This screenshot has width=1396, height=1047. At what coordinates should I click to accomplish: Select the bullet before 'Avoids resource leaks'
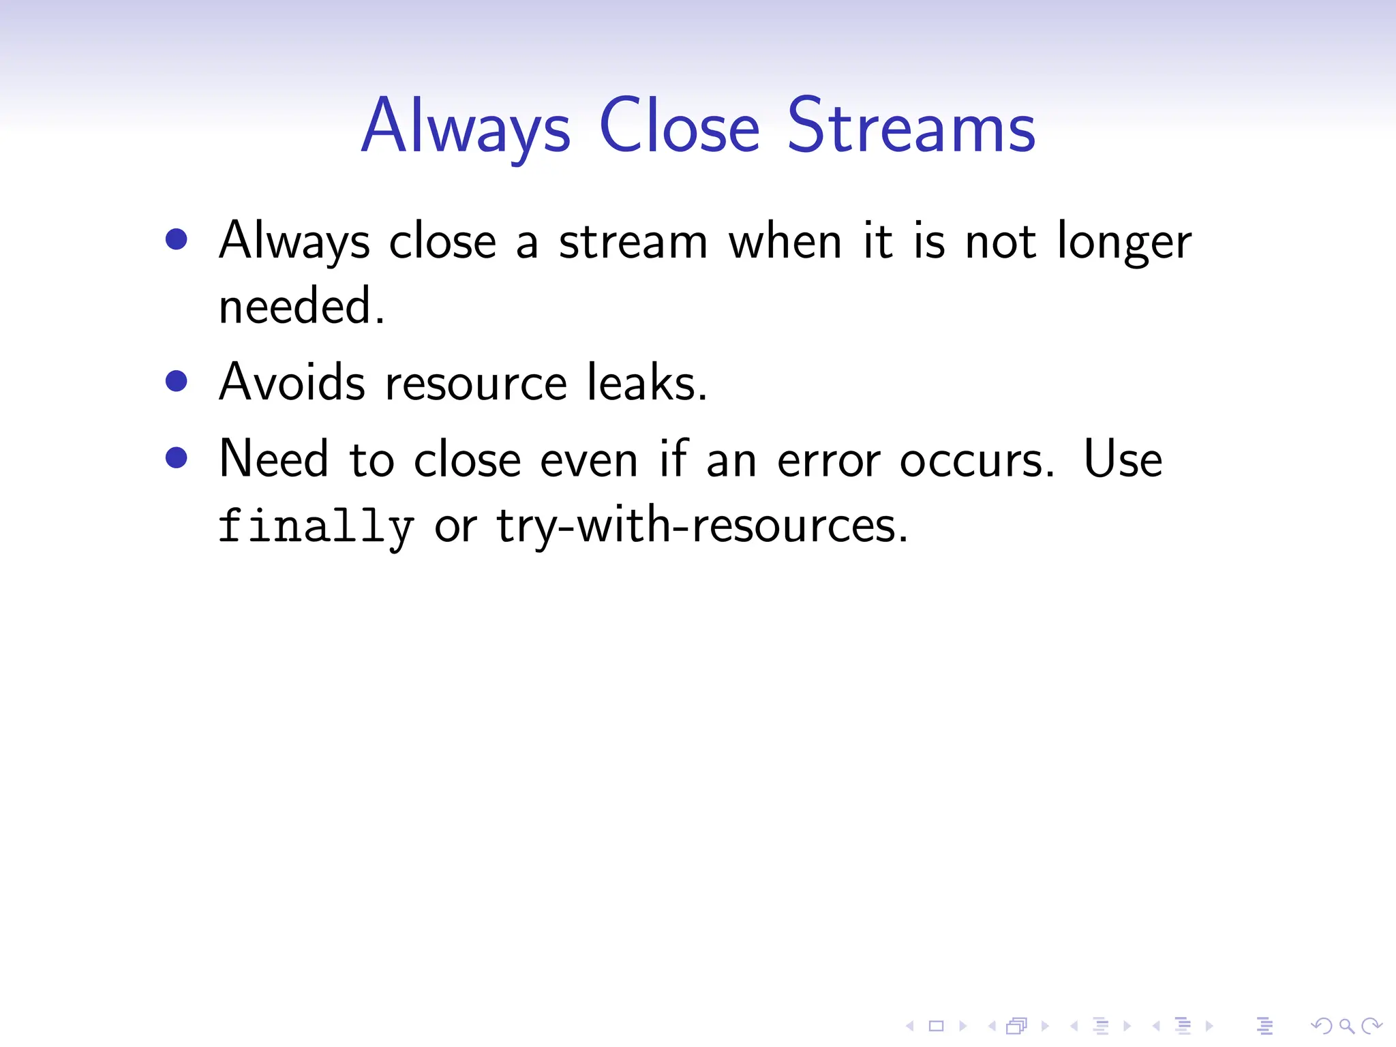point(177,381)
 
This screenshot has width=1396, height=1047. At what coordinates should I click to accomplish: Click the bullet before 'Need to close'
point(177,457)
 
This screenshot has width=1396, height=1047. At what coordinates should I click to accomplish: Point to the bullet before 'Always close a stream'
point(177,239)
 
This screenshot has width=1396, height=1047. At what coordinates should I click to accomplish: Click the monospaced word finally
point(316,527)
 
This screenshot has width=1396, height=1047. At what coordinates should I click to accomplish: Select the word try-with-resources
point(702,526)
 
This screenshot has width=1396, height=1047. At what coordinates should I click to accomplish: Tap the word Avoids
point(292,382)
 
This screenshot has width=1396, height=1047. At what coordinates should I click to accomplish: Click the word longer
point(1124,243)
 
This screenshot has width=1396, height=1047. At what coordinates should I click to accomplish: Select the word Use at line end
point(1123,459)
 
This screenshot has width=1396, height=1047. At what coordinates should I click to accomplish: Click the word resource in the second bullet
point(476,384)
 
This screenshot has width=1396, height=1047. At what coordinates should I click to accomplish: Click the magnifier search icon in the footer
point(1346,1025)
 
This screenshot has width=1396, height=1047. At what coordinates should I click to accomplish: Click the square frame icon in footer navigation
point(936,1025)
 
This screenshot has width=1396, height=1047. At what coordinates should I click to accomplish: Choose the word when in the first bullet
point(785,241)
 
